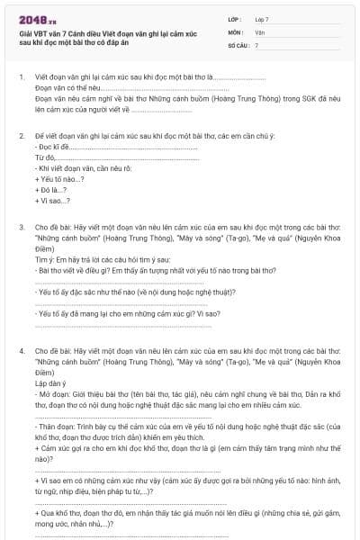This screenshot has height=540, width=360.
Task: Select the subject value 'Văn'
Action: pyautogui.click(x=260, y=31)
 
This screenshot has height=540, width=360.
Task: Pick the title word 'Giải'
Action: pyautogui.click(x=25, y=31)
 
